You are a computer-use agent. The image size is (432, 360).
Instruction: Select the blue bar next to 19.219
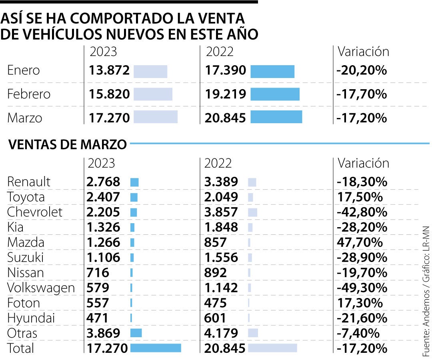tap(275, 94)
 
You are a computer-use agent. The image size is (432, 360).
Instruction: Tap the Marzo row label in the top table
tap(25, 118)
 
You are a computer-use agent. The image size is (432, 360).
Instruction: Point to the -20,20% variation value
tap(362, 71)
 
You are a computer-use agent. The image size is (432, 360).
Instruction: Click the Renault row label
tap(29, 182)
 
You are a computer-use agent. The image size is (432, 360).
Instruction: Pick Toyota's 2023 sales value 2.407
tap(103, 197)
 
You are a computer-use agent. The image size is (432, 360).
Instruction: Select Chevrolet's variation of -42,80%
tap(362, 212)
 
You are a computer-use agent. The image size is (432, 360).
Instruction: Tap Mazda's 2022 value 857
tap(215, 242)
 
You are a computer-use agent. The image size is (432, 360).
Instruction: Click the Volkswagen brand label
tap(41, 288)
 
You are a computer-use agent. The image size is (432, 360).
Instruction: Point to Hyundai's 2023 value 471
tap(98, 318)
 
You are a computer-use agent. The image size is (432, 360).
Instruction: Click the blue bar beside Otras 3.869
tap(136, 333)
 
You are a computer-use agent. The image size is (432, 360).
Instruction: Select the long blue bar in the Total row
tap(156, 348)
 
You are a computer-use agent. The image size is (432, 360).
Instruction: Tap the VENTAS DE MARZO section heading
tap(68, 144)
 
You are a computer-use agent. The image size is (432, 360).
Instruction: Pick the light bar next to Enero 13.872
tap(150, 71)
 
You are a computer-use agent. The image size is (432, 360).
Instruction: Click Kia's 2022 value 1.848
tap(221, 228)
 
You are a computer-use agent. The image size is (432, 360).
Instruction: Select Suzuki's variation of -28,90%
tap(362, 258)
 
